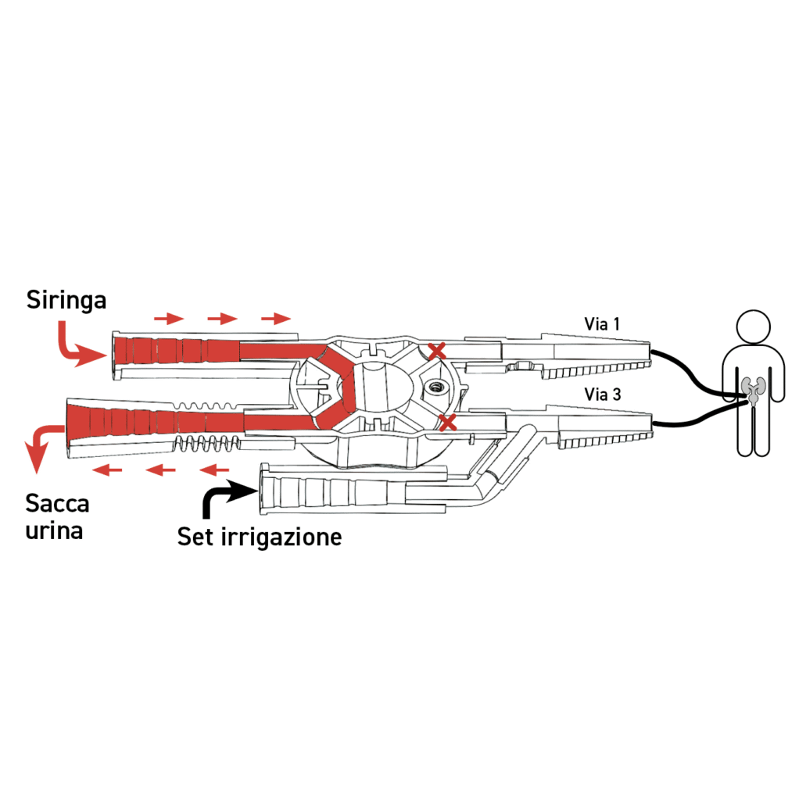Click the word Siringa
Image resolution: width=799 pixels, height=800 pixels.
tap(66, 300)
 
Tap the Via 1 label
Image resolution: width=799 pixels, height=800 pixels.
tap(602, 323)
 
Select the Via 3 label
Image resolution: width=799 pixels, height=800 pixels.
tap(602, 395)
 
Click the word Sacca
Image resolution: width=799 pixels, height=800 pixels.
tap(57, 503)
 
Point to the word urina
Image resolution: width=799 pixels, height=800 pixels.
tap(54, 531)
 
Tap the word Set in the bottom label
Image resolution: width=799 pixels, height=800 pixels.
tap(195, 537)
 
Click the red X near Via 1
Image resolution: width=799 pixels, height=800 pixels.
tap(437, 351)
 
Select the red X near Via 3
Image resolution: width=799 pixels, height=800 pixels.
tap(447, 423)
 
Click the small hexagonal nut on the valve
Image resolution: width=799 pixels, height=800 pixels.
tap(434, 385)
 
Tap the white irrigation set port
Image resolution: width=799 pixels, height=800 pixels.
tap(270, 491)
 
